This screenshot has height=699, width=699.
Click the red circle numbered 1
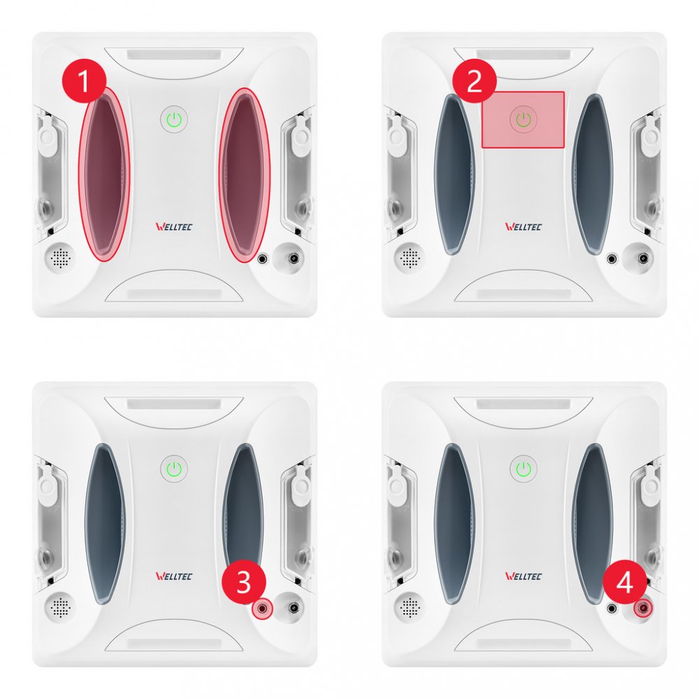click(84, 80)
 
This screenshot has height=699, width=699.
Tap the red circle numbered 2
click(475, 80)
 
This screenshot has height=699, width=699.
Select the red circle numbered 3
click(244, 582)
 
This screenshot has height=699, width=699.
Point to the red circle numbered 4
click(624, 582)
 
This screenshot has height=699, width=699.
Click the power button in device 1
click(174, 120)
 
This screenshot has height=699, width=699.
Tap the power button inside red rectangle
click(524, 120)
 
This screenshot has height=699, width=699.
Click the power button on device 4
click(524, 469)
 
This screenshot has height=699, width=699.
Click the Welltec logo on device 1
click(174, 226)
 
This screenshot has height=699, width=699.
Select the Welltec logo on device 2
click(524, 226)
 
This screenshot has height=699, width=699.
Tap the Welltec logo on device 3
click(174, 576)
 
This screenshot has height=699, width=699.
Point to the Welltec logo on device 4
click(524, 576)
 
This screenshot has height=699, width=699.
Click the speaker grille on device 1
click(60, 258)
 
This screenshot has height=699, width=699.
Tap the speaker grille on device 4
click(410, 607)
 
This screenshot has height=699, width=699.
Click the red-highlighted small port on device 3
click(262, 608)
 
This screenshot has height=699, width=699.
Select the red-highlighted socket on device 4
click(643, 608)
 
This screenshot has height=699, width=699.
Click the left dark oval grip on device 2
click(454, 174)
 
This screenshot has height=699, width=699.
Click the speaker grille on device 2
click(410, 258)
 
